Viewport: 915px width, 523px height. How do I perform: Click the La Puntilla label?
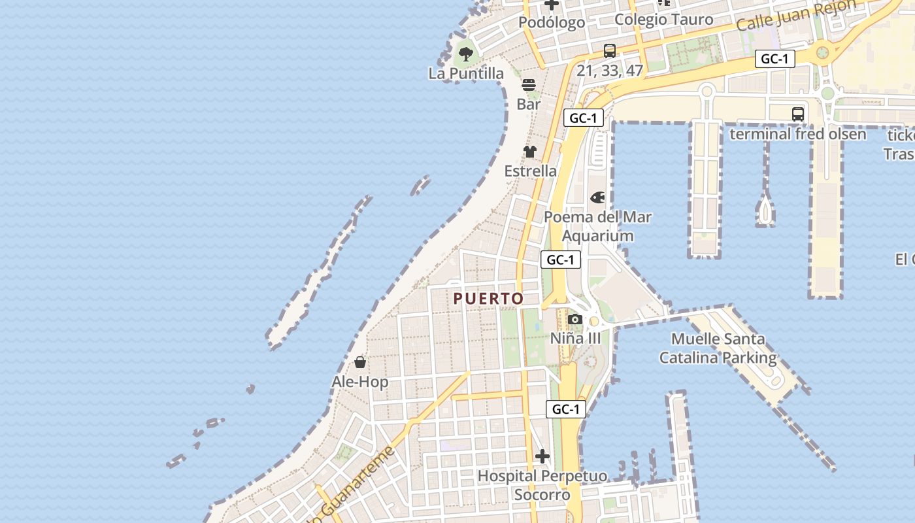[x=466, y=73]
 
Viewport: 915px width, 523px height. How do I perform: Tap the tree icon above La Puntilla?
[x=466, y=54]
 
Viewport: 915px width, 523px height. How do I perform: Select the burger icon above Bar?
[x=529, y=85]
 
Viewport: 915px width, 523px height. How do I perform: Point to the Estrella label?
[x=530, y=171]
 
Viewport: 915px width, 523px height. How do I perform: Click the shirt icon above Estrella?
[x=530, y=152]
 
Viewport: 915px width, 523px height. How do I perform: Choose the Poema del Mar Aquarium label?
[x=597, y=226]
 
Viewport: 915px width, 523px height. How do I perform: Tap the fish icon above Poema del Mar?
[x=597, y=197]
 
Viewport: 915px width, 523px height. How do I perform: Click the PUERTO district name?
[x=489, y=299]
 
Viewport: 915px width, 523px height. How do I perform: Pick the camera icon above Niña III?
[x=575, y=319]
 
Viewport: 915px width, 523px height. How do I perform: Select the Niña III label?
[x=575, y=338]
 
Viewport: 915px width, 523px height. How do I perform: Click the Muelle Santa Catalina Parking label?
[x=718, y=348]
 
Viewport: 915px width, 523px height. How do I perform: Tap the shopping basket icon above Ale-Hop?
[x=360, y=362]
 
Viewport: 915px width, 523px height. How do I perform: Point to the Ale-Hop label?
[x=360, y=382]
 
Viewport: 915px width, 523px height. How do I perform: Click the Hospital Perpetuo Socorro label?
[x=542, y=485]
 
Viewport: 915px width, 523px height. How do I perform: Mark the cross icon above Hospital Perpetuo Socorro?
[x=542, y=456]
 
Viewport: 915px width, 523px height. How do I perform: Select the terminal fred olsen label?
[x=797, y=134]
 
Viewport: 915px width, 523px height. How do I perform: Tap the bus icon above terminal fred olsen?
[x=798, y=114]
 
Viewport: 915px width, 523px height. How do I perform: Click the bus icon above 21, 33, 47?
[x=610, y=51]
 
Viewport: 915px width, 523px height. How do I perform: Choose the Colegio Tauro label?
[x=663, y=20]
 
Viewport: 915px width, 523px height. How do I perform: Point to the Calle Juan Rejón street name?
[x=795, y=15]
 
